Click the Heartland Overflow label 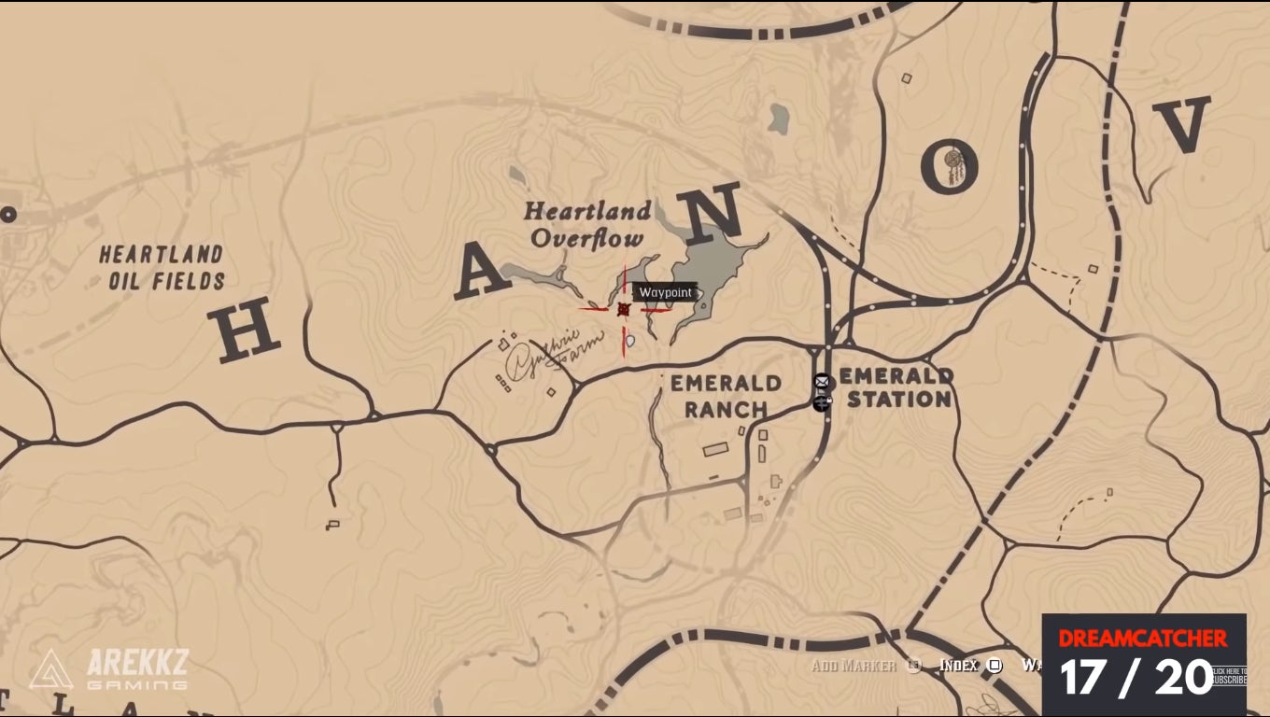click(587, 225)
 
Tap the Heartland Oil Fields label click(162, 267)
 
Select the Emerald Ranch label click(726, 396)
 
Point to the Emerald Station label click(896, 387)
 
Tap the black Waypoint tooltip click(665, 292)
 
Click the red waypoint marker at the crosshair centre click(624, 309)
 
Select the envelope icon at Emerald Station click(822, 381)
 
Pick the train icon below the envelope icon click(822, 402)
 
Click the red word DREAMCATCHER click(1143, 639)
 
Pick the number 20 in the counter click(1183, 676)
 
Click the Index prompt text click(959, 666)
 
